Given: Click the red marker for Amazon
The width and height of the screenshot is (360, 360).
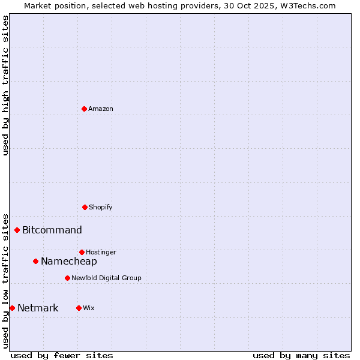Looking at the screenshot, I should (84, 109).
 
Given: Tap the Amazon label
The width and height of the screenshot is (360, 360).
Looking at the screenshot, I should (101, 109).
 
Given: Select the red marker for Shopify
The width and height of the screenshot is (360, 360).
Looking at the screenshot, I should (85, 207).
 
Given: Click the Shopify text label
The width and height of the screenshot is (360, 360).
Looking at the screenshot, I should (101, 207).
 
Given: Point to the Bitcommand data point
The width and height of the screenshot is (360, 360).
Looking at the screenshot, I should (17, 230).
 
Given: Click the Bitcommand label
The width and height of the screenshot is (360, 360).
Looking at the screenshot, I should (52, 230).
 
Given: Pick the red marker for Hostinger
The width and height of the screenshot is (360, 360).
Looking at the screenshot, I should (82, 252).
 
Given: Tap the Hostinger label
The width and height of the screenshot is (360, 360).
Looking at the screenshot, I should (101, 252).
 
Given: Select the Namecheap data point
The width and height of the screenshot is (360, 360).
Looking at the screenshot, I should (35, 261).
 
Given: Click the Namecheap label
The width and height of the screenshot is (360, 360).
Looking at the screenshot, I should (69, 261).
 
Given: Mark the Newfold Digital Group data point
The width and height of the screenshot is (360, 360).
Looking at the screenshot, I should (67, 278).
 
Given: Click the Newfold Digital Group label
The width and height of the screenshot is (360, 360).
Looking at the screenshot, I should (106, 278).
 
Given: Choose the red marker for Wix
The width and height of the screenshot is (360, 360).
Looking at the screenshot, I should (79, 308).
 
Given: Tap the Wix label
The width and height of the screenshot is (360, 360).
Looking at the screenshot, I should (89, 308).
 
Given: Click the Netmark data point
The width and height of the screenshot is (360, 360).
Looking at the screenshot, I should (12, 308).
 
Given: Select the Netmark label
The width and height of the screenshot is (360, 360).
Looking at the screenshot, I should (38, 308).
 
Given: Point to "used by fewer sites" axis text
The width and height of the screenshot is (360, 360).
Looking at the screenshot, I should (62, 355).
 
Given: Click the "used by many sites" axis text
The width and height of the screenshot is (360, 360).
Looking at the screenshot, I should (301, 355).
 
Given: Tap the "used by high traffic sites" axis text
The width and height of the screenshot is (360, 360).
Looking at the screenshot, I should (5, 85).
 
